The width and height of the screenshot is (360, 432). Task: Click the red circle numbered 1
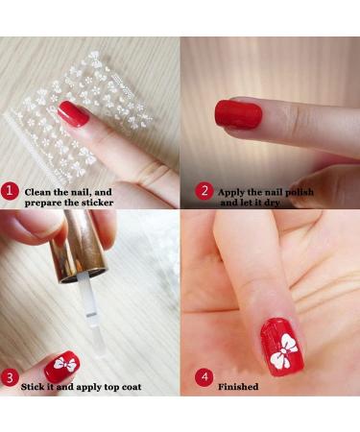[x=10, y=191]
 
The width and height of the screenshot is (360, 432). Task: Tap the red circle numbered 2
[x=204, y=191]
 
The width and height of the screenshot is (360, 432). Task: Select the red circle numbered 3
[x=10, y=378]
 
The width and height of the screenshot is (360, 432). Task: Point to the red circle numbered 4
[x=204, y=377]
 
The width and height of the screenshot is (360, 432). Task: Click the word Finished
[x=238, y=387]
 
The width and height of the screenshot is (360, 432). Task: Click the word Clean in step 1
[x=38, y=192]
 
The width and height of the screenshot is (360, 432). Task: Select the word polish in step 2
[x=300, y=192]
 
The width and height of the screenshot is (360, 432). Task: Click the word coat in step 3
[x=132, y=387]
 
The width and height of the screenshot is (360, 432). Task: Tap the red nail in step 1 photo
[x=73, y=113]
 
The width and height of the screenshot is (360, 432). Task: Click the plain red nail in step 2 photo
[x=238, y=114]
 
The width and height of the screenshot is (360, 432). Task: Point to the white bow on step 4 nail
[x=283, y=350]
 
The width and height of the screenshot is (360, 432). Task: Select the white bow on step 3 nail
[x=65, y=363]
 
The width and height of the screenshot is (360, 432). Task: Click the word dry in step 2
[x=272, y=203]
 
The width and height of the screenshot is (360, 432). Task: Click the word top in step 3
[x=112, y=387]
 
